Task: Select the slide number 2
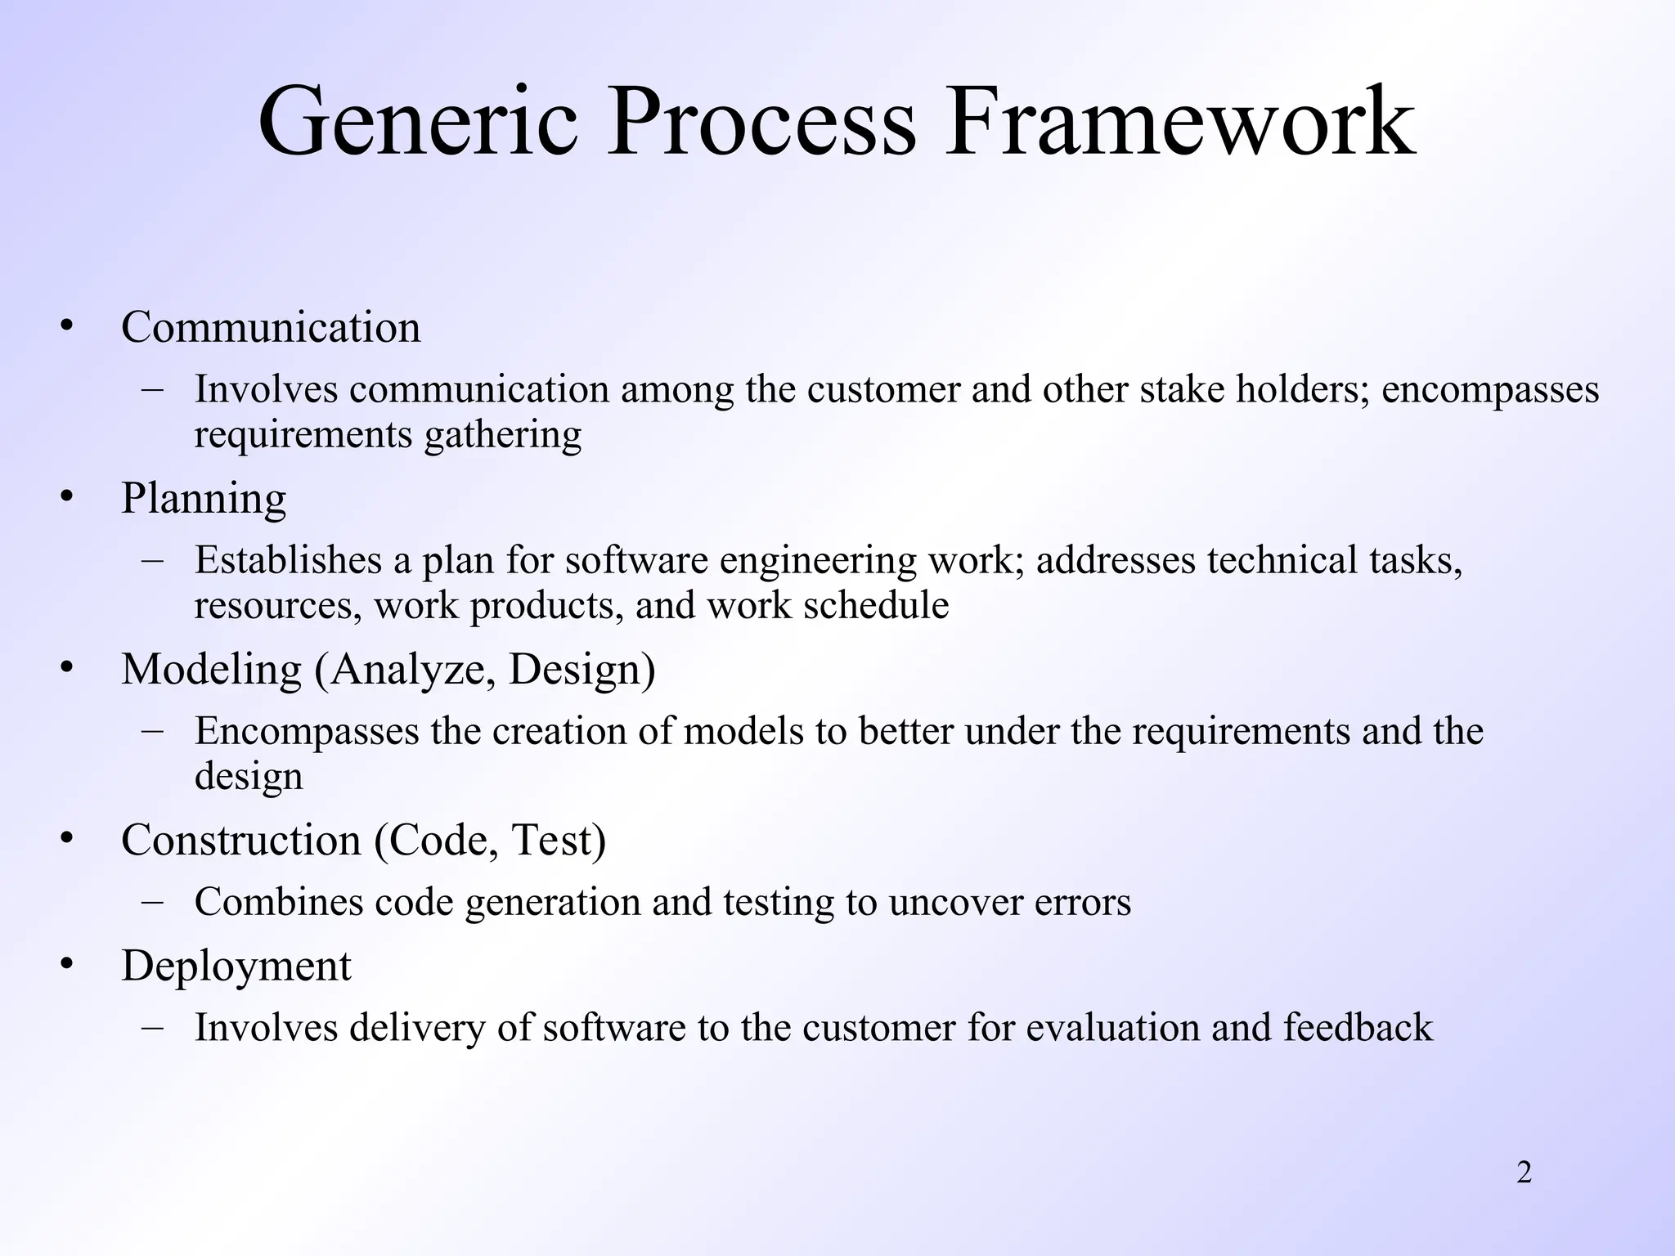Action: coord(1524,1173)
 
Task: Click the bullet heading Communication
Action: coord(271,327)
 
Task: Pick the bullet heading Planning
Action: coord(204,498)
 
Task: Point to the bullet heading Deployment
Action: coord(236,966)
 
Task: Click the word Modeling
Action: coord(211,669)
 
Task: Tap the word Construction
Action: coord(240,840)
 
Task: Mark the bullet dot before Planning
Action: coord(67,496)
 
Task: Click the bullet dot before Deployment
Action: coord(67,964)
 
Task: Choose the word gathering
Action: coord(502,435)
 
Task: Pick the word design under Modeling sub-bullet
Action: coord(249,777)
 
